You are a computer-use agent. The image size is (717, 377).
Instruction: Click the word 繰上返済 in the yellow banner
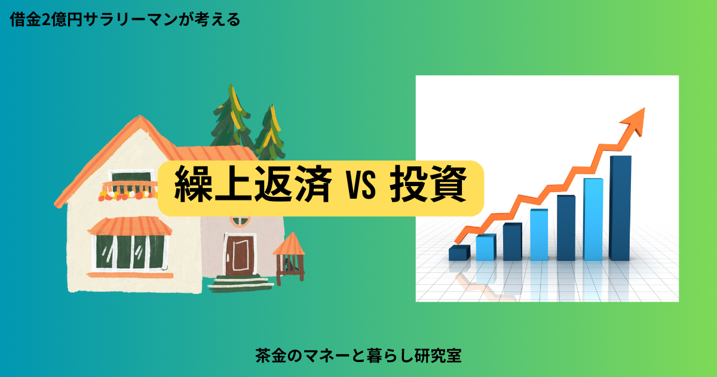[x=253, y=184]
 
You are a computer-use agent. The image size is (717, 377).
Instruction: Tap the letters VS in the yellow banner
[x=360, y=186]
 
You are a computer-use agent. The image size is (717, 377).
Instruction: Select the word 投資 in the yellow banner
[x=428, y=184]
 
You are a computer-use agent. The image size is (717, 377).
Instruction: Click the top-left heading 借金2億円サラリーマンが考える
[x=125, y=20]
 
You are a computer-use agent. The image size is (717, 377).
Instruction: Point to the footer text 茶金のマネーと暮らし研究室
[x=358, y=355]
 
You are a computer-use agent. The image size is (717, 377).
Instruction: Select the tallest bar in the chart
[x=620, y=208]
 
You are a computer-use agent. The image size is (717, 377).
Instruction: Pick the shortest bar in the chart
[x=459, y=253]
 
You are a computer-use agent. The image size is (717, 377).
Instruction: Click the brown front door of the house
[x=238, y=254]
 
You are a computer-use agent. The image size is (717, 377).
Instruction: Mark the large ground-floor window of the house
[x=130, y=252]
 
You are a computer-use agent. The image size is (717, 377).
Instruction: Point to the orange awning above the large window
[x=130, y=226]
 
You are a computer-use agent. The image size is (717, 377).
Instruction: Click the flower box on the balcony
[x=128, y=195]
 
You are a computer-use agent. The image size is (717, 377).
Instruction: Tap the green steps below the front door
[x=240, y=284]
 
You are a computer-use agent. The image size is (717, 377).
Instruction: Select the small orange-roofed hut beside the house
[x=290, y=258]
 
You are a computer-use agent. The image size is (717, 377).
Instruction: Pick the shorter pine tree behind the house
[x=270, y=133]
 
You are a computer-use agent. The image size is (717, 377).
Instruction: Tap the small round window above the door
[x=240, y=221]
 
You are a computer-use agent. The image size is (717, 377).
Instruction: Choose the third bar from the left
[x=513, y=242]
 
